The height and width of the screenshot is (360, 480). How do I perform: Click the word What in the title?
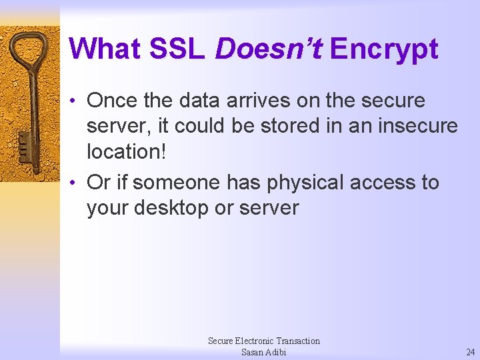(105, 49)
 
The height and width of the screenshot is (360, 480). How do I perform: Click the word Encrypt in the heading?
(384, 49)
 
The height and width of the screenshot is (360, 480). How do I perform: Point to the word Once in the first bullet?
(114, 101)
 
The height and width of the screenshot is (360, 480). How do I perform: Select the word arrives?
(252, 101)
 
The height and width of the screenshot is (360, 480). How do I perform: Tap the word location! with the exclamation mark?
(126, 151)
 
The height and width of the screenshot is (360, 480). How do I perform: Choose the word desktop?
(171, 209)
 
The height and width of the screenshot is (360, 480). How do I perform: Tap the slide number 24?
(471, 352)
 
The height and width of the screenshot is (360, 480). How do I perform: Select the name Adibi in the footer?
(275, 352)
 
